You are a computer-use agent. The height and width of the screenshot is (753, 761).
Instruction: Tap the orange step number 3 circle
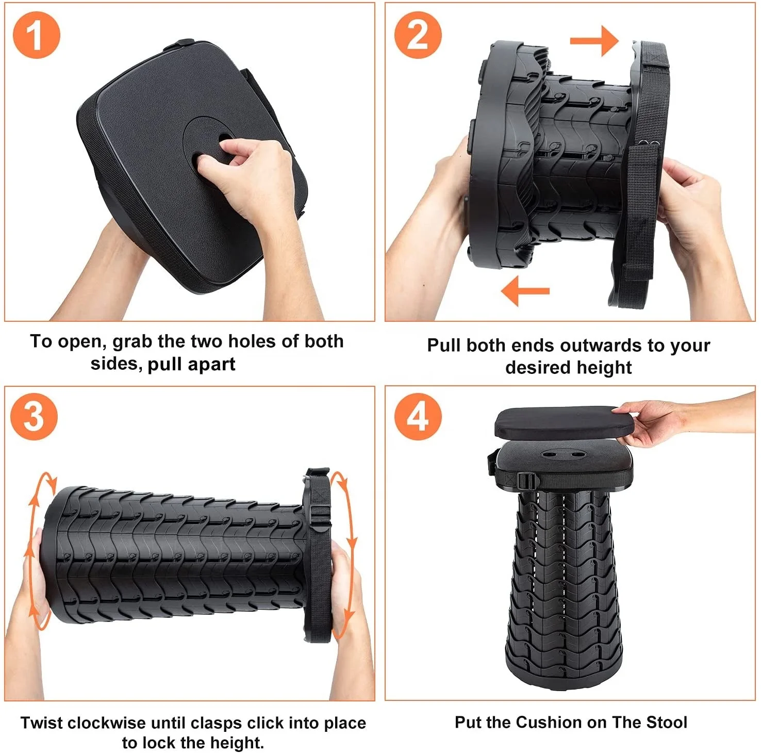coord(34,416)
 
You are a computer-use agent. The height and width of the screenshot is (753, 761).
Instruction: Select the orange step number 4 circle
coord(418,416)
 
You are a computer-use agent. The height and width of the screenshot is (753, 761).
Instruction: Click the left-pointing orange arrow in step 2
coord(525,291)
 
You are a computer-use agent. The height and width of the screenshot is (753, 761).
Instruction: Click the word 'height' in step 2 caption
coord(604,367)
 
